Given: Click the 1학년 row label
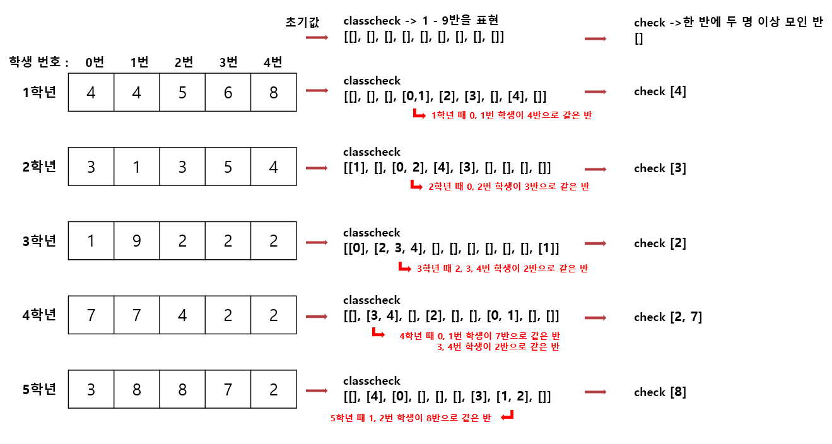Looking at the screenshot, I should click(39, 92).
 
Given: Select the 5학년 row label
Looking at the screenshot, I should click(39, 389).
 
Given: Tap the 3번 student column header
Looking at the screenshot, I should click(228, 62).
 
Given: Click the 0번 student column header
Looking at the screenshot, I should click(95, 62).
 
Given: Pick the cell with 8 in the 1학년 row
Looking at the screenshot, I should click(273, 93).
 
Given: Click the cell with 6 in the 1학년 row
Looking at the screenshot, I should click(228, 93).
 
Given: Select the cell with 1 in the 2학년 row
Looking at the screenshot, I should click(137, 167).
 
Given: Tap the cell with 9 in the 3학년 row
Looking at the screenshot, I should click(137, 241).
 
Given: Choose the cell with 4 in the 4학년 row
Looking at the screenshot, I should click(182, 315).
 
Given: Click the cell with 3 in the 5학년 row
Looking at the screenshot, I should click(91, 389).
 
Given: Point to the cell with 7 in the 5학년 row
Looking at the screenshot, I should click(228, 389).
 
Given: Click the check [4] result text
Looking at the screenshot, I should click(660, 91).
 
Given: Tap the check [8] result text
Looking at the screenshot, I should click(660, 392).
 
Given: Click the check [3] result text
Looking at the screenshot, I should click(660, 168).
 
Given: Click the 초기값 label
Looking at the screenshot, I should click(303, 23).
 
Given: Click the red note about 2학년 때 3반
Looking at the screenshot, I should click(508, 187).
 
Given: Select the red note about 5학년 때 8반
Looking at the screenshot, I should click(411, 418).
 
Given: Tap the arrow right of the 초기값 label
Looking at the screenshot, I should click(317, 38).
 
